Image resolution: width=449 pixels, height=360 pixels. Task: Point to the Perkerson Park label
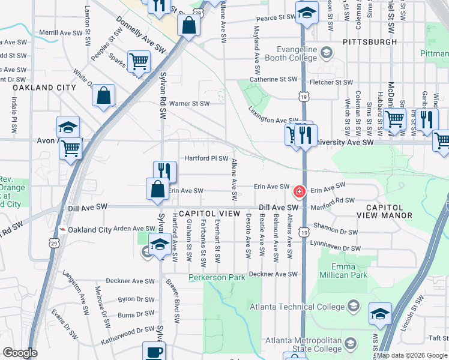coord(217,277)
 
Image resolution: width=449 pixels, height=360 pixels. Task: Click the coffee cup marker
coord(153,352)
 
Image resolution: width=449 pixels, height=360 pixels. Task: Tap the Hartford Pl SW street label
coord(206,159)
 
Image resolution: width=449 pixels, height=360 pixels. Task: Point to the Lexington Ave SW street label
coord(273,121)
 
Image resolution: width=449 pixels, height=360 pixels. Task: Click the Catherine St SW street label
coord(274,79)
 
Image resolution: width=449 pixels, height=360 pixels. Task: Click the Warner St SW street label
coord(189,103)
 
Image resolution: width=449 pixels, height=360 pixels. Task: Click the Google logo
coord(20,353)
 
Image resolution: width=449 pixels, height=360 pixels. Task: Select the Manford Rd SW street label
coord(333,201)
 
